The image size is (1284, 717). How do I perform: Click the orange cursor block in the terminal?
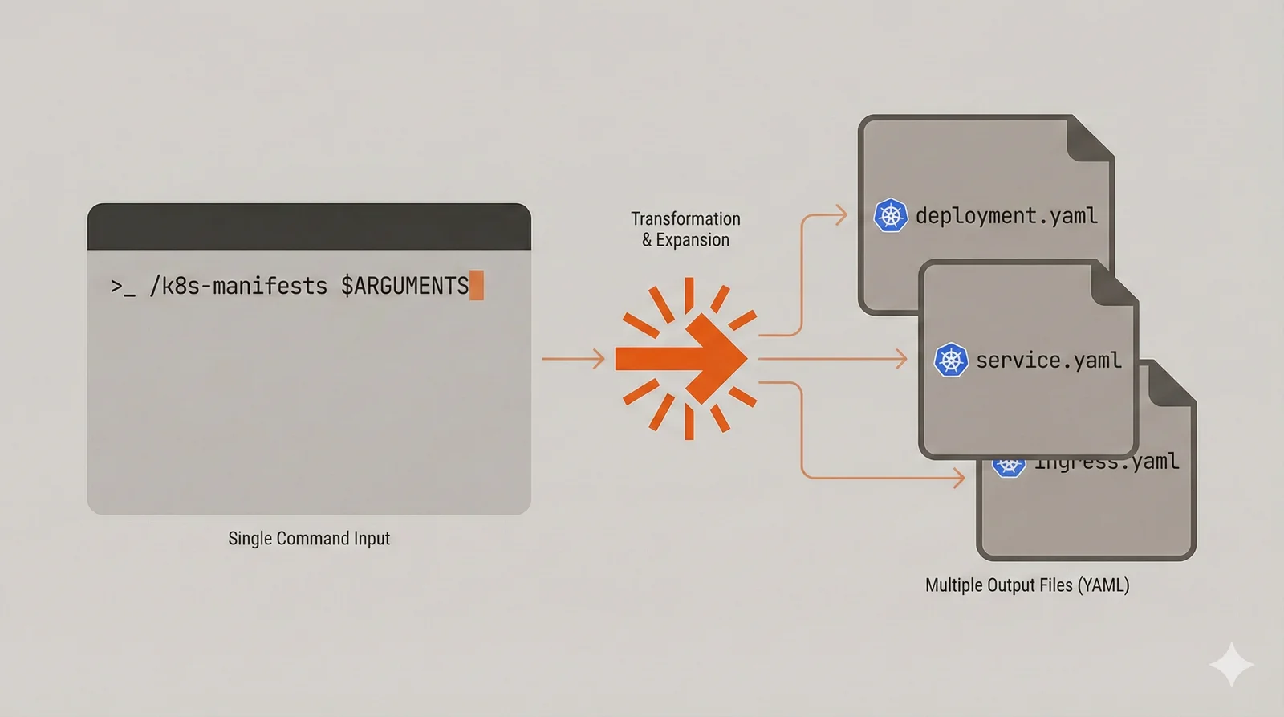477,286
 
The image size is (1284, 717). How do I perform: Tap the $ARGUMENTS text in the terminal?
404,286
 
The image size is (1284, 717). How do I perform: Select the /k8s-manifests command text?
238,286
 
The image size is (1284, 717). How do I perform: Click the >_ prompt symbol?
123,287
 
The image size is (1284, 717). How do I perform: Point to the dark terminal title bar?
309,226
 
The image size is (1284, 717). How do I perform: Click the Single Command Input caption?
309,539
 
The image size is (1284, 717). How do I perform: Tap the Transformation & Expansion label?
685,230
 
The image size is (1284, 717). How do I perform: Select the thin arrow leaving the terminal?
573,359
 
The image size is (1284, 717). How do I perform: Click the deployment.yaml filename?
1006,216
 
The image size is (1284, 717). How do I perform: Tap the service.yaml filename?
1048,361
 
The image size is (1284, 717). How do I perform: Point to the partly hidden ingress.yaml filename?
1107,463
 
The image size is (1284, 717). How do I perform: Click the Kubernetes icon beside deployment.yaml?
890,215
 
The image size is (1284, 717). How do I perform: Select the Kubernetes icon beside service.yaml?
951,360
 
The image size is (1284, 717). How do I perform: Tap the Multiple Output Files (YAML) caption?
1027,585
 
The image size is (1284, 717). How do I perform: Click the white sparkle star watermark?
1231,665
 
